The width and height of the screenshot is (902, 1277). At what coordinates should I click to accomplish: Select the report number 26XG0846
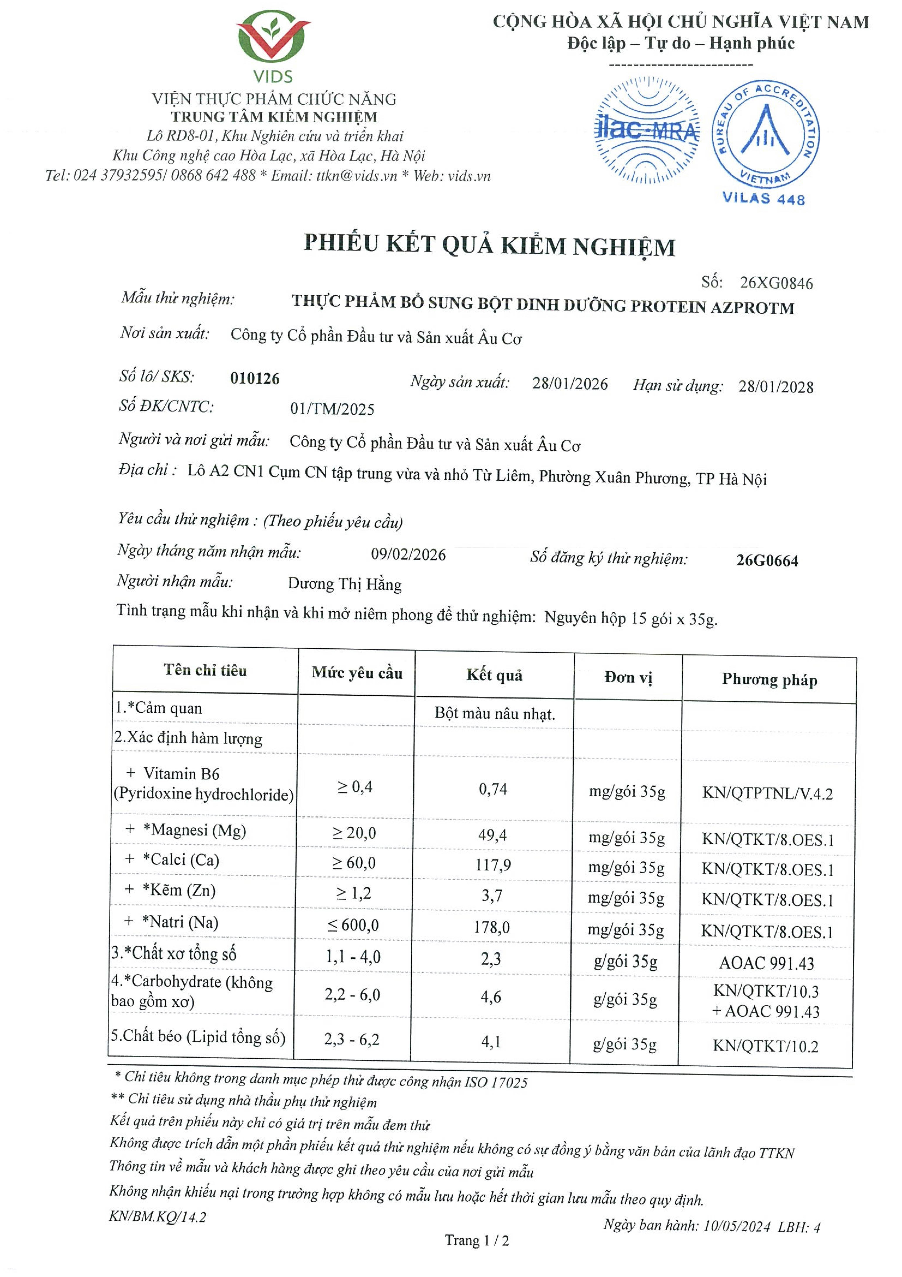point(776,283)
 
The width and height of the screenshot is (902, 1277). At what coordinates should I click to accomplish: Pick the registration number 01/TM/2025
point(332,409)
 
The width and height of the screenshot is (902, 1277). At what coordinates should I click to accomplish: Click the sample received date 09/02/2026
point(408,554)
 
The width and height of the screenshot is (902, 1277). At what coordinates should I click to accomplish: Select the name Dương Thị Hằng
point(345,584)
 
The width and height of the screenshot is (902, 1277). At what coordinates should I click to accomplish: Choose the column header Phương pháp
point(769,680)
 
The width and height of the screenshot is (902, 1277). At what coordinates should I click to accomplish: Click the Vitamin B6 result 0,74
point(493,789)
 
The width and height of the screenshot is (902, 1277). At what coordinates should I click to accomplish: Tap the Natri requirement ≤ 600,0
point(353,925)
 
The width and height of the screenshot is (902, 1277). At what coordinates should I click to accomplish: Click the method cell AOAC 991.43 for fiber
point(766,963)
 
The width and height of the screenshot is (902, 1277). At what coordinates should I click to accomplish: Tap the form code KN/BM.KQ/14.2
point(157,1216)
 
